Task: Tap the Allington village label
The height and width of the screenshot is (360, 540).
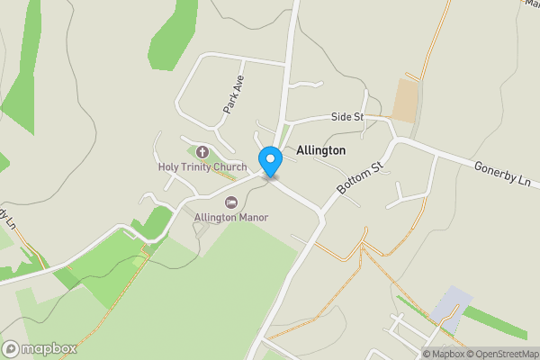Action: (319, 151)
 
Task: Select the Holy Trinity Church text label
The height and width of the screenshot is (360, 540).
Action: (202, 166)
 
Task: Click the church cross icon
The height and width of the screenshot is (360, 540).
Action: (202, 152)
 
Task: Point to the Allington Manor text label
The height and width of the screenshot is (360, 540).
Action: (231, 217)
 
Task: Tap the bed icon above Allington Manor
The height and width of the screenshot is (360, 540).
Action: (231, 202)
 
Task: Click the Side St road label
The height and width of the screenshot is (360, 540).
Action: (346, 117)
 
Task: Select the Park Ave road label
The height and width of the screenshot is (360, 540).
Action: (234, 94)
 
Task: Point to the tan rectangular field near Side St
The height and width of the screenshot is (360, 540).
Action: (405, 100)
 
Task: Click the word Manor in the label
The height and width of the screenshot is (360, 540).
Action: (252, 217)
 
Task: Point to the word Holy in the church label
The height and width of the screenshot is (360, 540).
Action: (168, 166)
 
